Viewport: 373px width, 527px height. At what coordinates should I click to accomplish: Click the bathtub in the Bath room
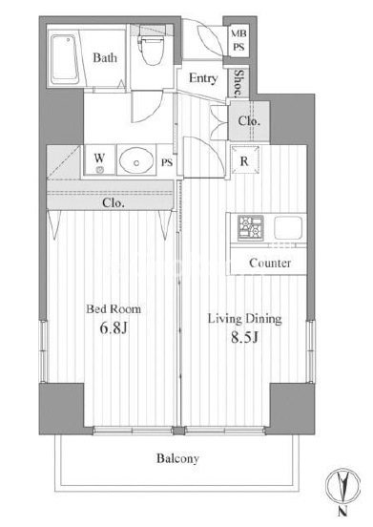click(65, 59)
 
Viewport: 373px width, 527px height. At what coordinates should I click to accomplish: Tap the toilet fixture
click(152, 50)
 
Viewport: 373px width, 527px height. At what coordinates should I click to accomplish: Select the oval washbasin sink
click(136, 160)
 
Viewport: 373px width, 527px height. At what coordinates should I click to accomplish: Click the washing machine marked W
click(99, 159)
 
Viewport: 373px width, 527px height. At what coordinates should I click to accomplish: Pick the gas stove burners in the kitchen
click(251, 228)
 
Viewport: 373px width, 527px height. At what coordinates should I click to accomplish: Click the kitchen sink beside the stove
click(288, 227)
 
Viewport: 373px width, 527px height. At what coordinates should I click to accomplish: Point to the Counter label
click(270, 263)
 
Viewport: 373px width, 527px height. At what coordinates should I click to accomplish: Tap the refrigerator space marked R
click(245, 160)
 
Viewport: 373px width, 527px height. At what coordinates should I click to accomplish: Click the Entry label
click(203, 78)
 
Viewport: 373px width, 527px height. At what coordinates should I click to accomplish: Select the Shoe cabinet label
click(238, 83)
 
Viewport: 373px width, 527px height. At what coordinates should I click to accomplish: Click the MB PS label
click(238, 40)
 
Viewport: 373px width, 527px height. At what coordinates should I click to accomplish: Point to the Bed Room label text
click(114, 309)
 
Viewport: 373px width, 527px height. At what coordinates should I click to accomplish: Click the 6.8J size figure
click(114, 327)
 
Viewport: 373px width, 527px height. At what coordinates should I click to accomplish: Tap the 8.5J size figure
click(244, 337)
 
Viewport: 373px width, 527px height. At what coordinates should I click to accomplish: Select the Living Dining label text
click(245, 319)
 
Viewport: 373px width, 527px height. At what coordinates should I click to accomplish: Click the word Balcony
click(177, 458)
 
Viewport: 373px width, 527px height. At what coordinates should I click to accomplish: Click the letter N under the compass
click(342, 512)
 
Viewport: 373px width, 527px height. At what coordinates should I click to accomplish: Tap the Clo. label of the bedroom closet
click(114, 202)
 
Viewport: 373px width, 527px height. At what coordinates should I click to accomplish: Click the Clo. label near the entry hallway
click(249, 120)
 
